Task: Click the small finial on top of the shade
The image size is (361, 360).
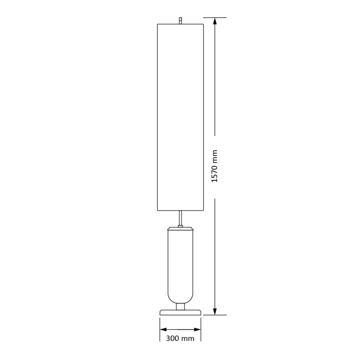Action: (x=180, y=20)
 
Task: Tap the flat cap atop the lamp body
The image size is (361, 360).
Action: (x=180, y=227)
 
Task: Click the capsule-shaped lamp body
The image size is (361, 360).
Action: (x=180, y=265)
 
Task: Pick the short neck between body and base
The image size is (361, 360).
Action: (x=180, y=306)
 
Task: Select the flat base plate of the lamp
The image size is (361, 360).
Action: (x=180, y=312)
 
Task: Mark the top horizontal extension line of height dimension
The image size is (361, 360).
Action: (x=219, y=18)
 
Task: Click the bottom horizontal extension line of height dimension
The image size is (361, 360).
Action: (x=219, y=314)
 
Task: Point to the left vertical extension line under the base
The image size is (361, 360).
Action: (x=160, y=330)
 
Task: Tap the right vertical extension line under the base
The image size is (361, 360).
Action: (x=201, y=330)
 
